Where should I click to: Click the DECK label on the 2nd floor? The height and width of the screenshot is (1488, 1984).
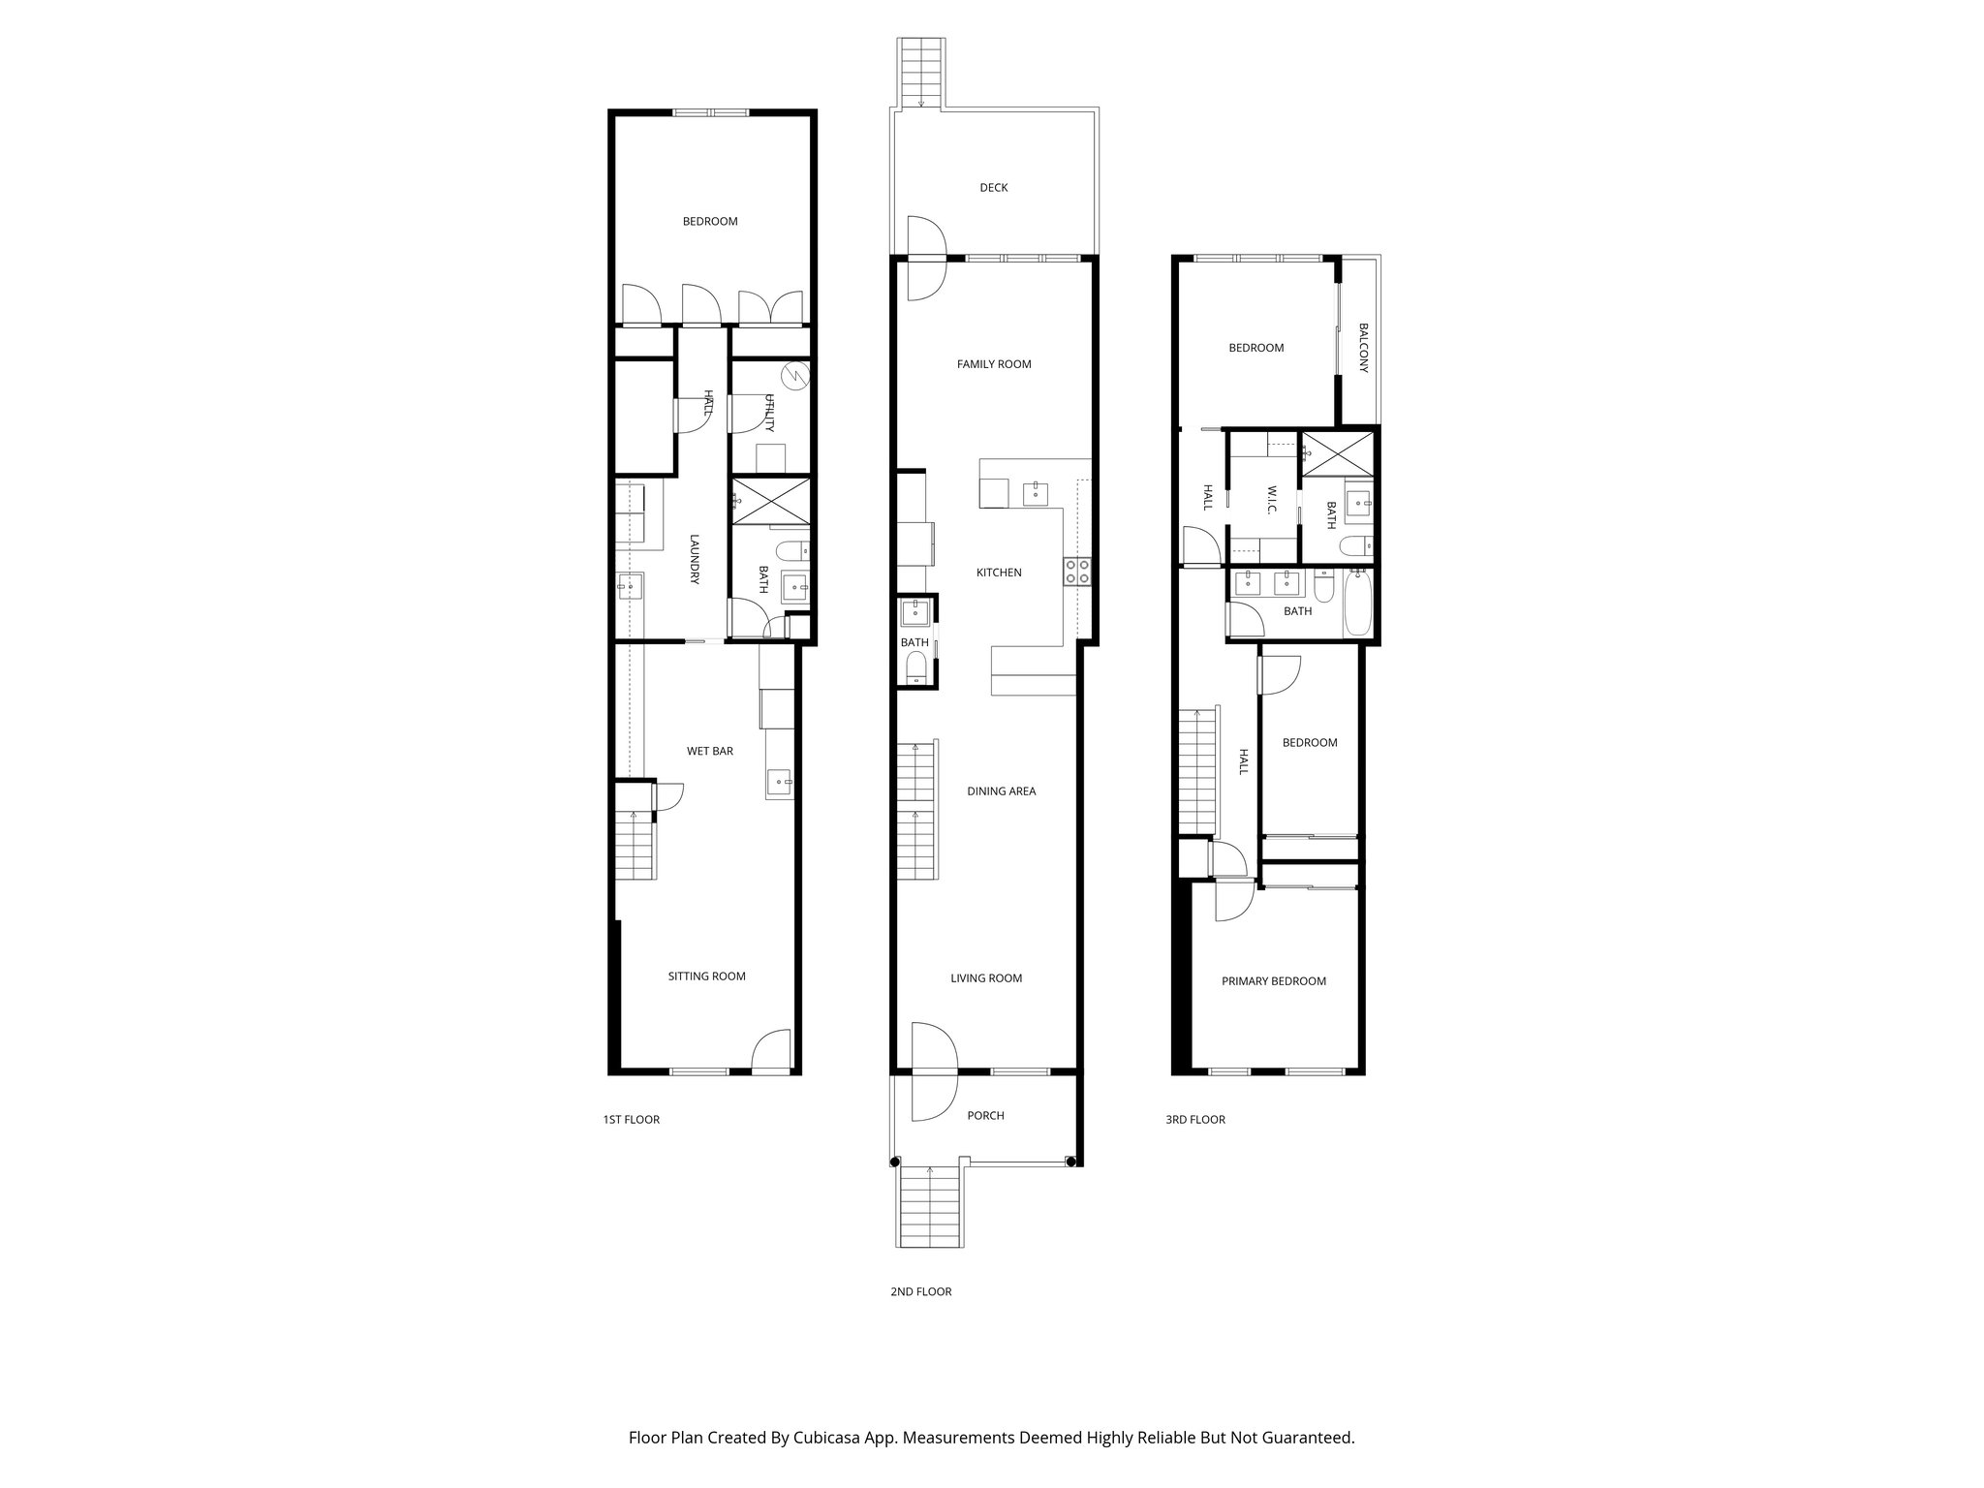(993, 188)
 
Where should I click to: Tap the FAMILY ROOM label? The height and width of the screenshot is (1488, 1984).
(994, 364)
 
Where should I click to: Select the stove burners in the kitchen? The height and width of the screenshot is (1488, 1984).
(1076, 572)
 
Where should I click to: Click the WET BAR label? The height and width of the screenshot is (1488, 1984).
(709, 751)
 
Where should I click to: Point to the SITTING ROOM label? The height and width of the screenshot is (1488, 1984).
(706, 976)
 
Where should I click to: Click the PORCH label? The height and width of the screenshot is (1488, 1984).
(985, 1116)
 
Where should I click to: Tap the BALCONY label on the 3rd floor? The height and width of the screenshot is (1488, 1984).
(1363, 348)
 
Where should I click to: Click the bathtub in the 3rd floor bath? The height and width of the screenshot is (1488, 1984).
(1357, 603)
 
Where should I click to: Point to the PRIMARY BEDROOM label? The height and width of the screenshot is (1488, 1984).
(1273, 981)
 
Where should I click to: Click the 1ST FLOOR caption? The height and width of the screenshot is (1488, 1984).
(631, 1120)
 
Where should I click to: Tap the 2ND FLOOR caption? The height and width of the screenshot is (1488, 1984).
(920, 1291)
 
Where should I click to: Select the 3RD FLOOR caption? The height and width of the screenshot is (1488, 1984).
(1194, 1120)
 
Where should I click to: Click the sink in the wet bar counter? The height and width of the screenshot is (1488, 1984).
(779, 782)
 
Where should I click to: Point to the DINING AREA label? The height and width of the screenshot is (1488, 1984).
(1001, 791)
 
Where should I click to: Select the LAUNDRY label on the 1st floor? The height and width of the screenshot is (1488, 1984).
(695, 559)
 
